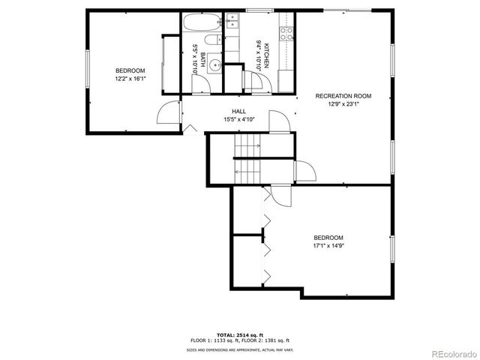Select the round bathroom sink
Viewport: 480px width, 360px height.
(214, 65)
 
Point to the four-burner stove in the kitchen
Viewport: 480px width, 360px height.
(286, 33)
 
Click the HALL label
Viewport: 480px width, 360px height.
(239, 111)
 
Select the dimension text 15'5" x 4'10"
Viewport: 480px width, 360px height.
(239, 119)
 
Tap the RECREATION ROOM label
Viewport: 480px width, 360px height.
(343, 96)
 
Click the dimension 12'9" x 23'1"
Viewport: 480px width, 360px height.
(343, 104)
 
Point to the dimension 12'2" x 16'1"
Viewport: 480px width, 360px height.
(130, 77)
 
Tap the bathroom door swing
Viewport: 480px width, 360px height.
(200, 85)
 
